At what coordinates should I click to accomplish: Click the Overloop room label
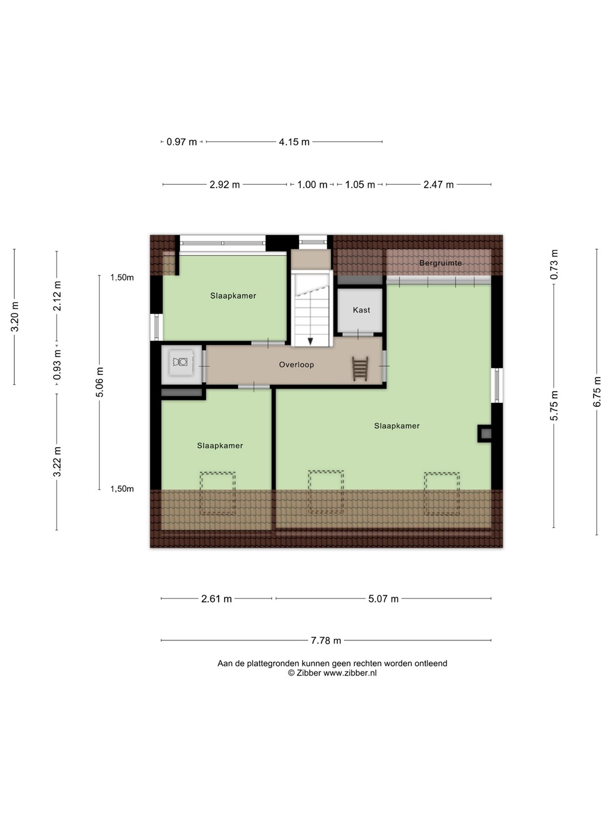(296, 365)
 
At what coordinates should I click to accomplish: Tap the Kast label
(362, 310)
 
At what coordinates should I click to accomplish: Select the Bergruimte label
(440, 263)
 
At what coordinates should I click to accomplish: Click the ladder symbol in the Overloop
(360, 369)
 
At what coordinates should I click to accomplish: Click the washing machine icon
(180, 362)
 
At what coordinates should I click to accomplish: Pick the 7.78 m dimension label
(326, 640)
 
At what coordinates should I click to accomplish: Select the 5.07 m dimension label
(383, 599)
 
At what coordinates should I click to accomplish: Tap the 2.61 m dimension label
(216, 599)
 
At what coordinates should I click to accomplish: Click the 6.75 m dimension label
(596, 392)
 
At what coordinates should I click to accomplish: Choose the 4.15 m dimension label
(294, 142)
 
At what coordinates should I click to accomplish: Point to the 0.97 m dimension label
(182, 142)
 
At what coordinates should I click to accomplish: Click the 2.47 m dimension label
(438, 184)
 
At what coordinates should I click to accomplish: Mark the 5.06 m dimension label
(100, 382)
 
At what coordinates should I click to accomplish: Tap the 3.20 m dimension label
(15, 317)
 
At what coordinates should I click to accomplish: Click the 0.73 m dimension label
(554, 265)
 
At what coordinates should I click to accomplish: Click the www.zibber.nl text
(350, 673)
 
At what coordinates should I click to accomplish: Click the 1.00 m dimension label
(312, 184)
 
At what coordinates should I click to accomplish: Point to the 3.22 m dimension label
(57, 462)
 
